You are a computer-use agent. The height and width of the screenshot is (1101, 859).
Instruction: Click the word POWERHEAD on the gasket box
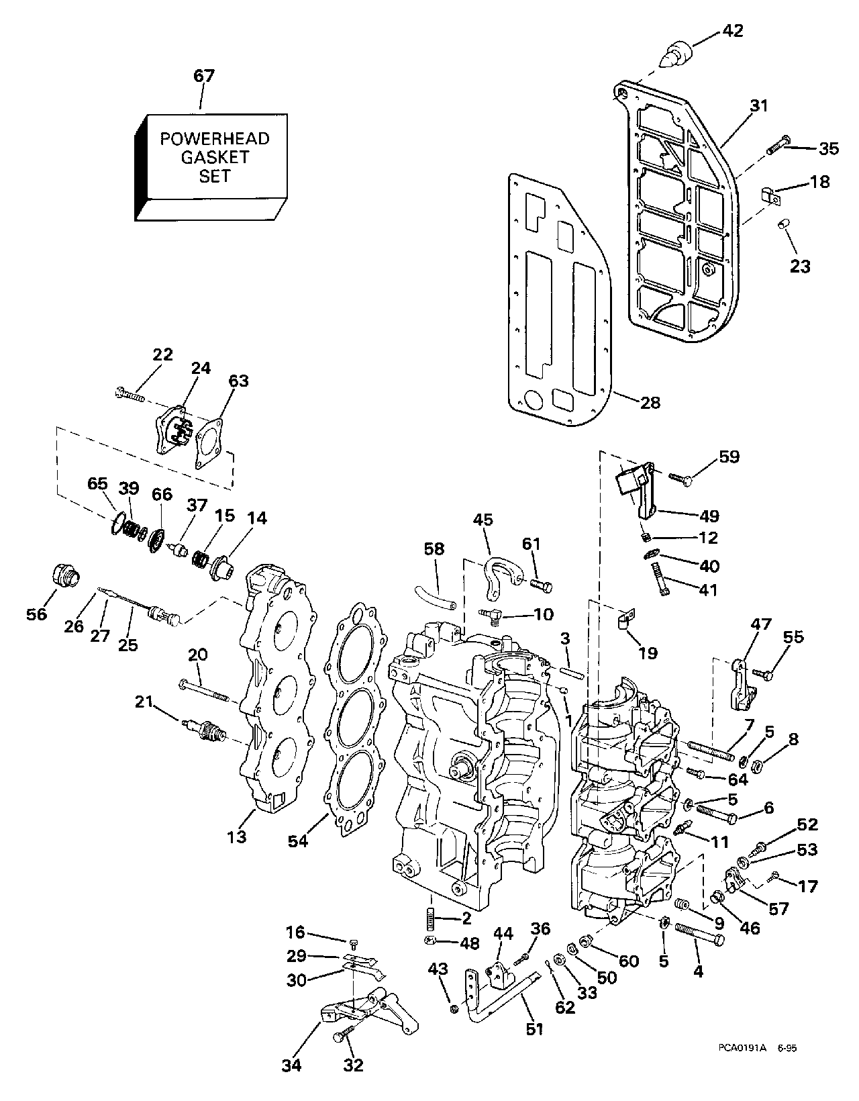[x=215, y=139]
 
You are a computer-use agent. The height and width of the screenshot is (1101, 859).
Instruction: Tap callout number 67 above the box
[x=204, y=76]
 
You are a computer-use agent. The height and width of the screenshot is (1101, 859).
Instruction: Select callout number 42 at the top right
[x=733, y=30]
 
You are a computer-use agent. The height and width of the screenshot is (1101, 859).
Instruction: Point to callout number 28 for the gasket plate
[x=650, y=402]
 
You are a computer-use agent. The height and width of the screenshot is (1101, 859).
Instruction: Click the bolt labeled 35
[x=776, y=144]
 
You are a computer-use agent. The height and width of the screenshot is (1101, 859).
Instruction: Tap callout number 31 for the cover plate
[x=758, y=105]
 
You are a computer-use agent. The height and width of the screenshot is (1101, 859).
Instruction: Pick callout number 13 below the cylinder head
[x=237, y=836]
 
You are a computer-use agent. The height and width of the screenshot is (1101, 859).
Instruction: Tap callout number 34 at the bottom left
[x=292, y=1064]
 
